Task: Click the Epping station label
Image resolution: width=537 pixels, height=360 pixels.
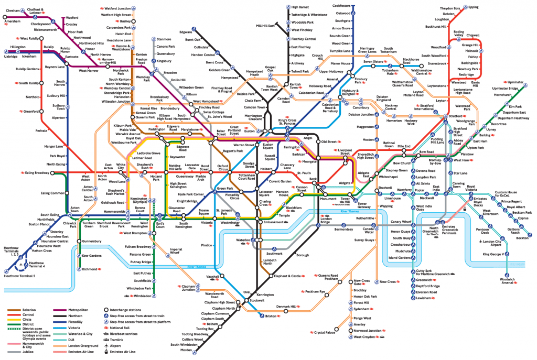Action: [x=473, y=7]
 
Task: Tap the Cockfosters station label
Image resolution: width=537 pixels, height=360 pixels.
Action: [x=341, y=6]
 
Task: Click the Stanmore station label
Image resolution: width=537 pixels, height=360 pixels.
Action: [x=164, y=39]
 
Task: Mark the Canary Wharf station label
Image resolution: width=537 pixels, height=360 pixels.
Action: [x=401, y=221]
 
